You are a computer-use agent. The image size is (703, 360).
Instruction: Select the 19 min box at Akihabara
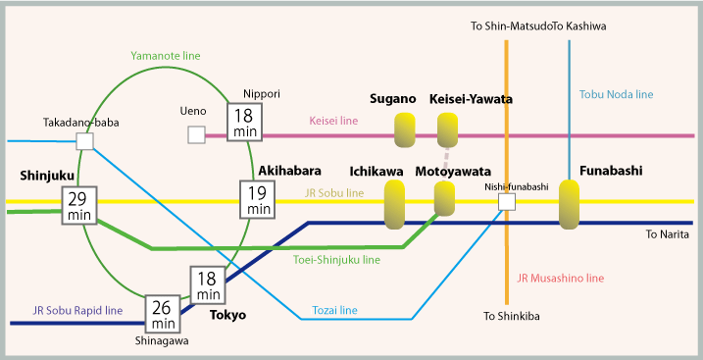259,199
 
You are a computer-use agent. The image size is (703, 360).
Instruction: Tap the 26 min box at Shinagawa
163,314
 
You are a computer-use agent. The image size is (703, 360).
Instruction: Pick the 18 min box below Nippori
243,122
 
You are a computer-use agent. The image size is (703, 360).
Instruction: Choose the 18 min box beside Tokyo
208,284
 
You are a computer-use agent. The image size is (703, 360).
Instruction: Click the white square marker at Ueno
196,135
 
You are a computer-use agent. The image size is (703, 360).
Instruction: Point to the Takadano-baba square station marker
84,141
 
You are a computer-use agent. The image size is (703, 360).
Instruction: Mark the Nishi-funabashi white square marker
507,202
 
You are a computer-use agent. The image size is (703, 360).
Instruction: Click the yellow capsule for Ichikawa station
394,204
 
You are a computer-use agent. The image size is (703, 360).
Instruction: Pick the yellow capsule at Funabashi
570,203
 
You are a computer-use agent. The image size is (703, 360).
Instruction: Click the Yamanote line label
167,56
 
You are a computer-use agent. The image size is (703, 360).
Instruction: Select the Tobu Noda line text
616,94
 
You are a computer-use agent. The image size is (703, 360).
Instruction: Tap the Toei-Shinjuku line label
336,260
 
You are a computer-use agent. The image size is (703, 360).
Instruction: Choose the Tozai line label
334,310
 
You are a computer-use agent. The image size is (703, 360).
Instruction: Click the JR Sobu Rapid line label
77,310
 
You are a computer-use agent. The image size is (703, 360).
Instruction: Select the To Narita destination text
668,235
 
